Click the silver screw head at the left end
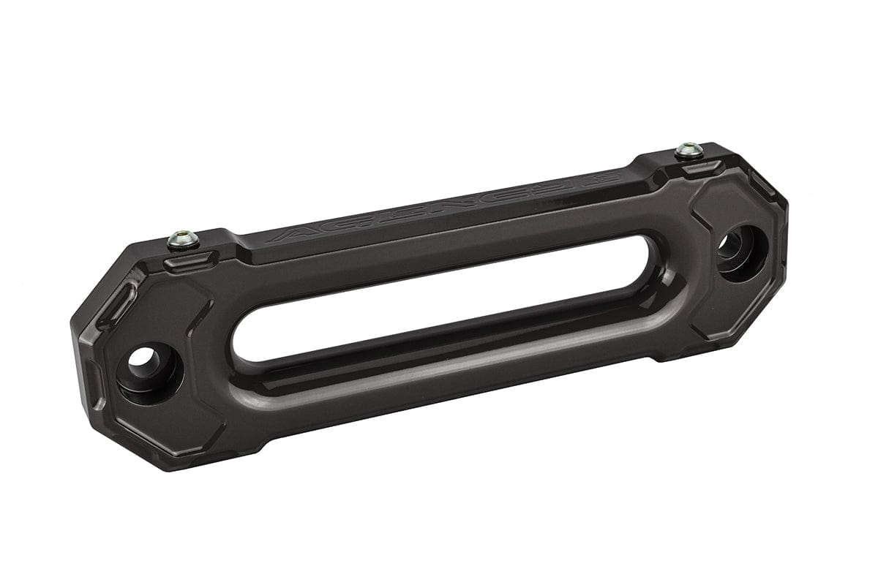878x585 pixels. coord(183,238)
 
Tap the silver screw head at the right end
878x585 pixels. coord(689,150)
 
